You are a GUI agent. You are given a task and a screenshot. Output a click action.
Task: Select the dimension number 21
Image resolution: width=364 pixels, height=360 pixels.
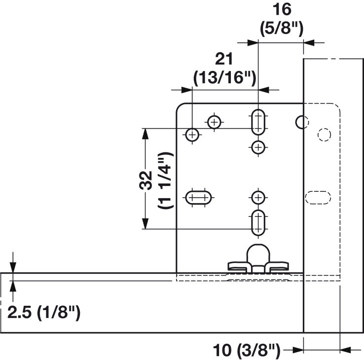(x=224, y=59)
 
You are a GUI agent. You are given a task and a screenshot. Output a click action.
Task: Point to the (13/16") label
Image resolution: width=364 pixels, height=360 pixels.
(x=224, y=77)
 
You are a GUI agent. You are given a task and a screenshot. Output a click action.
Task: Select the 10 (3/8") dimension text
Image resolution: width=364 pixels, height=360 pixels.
(x=247, y=351)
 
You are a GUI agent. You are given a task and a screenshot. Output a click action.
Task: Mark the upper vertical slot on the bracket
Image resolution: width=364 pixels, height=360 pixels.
(x=258, y=121)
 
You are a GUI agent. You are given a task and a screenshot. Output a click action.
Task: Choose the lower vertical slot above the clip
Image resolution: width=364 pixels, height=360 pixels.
(x=258, y=222)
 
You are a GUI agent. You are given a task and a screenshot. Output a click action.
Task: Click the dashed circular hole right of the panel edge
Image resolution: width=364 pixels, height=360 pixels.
(x=324, y=134)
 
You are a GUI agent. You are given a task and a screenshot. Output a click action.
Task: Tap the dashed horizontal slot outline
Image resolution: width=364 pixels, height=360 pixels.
(x=318, y=197)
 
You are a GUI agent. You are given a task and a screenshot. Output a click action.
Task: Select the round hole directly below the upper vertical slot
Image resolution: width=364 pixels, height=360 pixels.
(x=258, y=146)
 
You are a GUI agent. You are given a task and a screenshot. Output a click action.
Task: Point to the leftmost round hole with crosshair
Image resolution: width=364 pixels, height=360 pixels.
(x=192, y=134)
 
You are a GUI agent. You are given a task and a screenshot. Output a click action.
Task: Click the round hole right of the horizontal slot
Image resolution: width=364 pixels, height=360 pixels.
(x=258, y=198)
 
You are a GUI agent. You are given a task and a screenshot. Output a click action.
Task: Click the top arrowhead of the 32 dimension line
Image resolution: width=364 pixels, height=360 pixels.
(x=145, y=132)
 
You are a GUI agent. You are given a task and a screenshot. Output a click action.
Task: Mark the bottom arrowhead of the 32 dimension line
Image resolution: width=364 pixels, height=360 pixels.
(x=145, y=225)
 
